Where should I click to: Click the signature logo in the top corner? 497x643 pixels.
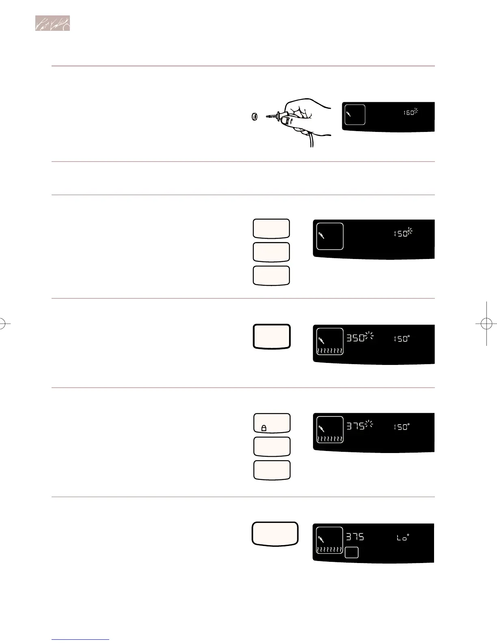pyautogui.click(x=52, y=23)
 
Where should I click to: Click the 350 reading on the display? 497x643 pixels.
pyautogui.click(x=355, y=338)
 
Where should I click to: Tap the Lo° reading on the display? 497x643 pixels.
pyautogui.click(x=402, y=537)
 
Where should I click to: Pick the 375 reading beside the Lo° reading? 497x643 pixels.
pyautogui.click(x=355, y=537)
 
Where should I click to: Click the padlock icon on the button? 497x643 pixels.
pyautogui.click(x=264, y=428)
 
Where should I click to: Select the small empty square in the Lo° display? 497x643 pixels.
pyautogui.click(x=351, y=552)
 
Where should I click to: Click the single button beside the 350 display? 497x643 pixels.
pyautogui.click(x=272, y=336)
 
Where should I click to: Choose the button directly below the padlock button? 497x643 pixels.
pyautogui.click(x=272, y=447)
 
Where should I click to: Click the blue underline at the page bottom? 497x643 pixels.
pyautogui.click(x=80, y=639)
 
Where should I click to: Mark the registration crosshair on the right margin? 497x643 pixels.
pyautogui.click(x=486, y=324)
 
